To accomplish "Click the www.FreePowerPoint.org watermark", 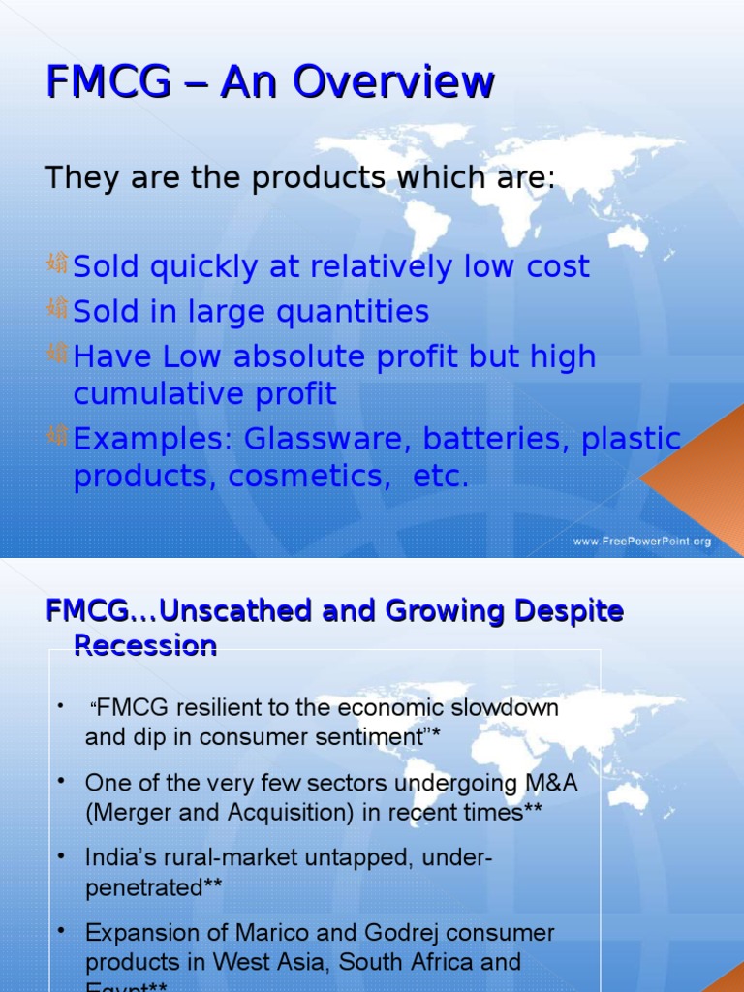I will [642, 542].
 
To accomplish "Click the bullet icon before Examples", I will [56, 437].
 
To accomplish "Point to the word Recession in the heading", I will [145, 645].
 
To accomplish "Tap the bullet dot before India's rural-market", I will [62, 855].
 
